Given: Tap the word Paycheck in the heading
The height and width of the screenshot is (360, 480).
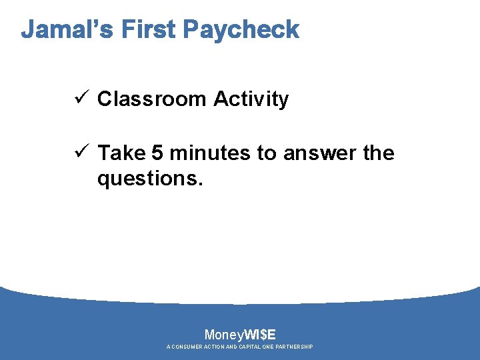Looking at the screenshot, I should (241, 31).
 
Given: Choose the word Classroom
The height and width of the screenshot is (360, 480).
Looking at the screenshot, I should (152, 99).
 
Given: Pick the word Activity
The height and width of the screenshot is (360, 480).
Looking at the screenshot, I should (251, 99).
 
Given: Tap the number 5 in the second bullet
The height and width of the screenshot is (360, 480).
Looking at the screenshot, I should (157, 153).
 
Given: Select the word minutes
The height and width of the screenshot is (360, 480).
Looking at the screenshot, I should (210, 153).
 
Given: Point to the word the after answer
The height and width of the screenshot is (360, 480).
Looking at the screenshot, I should (379, 153).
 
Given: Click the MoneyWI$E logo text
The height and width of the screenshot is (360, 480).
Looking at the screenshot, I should (240, 335).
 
